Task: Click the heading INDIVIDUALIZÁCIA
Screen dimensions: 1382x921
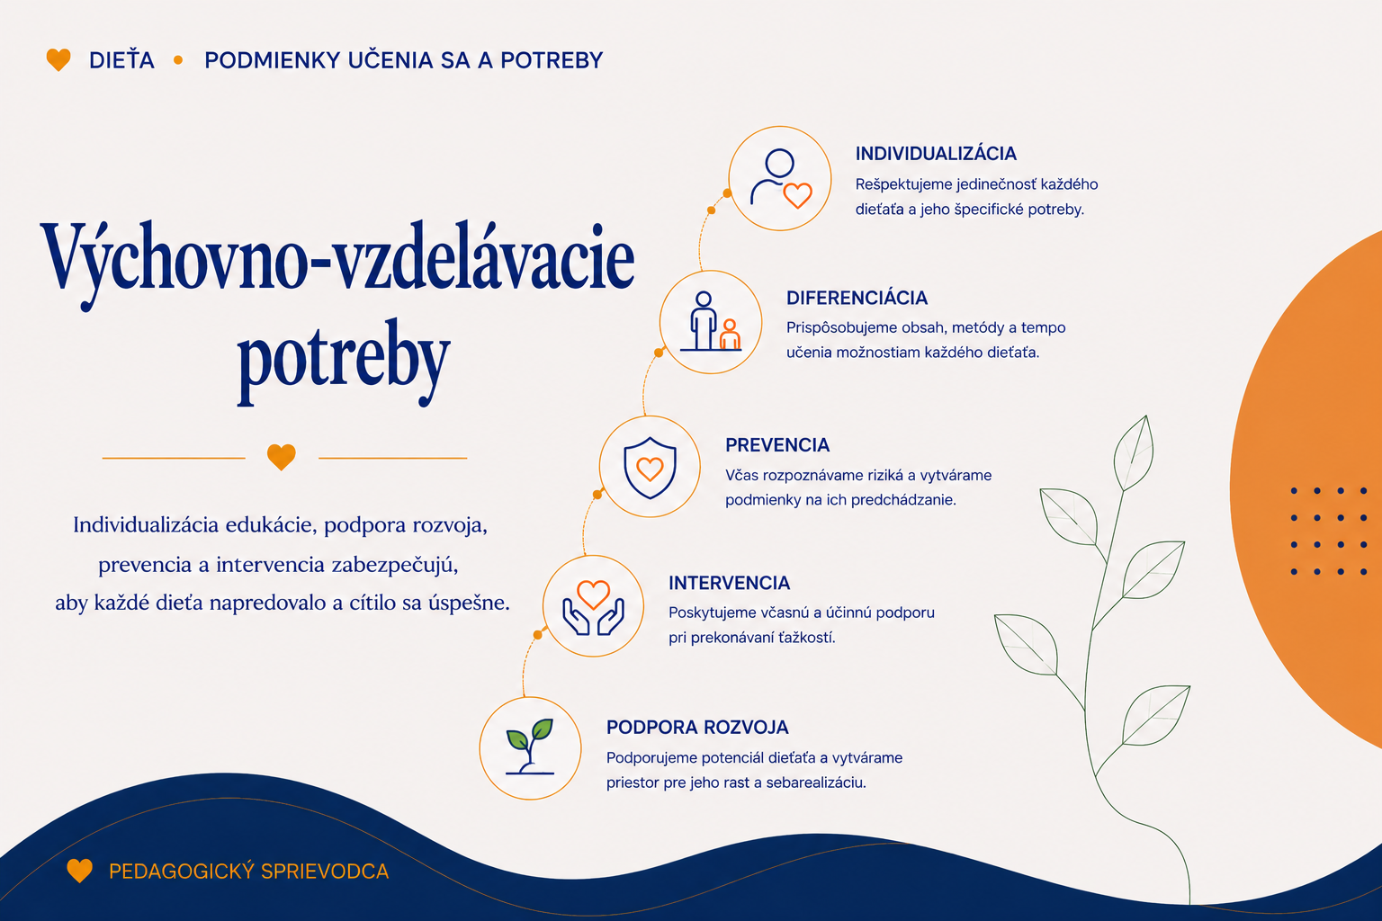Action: [x=936, y=153]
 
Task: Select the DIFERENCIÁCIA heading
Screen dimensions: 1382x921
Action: [x=857, y=298]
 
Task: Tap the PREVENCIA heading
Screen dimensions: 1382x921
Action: [x=777, y=445]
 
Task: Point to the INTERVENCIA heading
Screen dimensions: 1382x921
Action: [x=730, y=583]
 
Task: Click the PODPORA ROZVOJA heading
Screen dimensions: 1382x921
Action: [x=697, y=728]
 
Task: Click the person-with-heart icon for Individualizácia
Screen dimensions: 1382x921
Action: [x=780, y=178]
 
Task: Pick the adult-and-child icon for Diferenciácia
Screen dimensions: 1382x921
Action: [x=712, y=321]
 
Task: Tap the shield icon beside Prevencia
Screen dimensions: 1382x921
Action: [x=650, y=467]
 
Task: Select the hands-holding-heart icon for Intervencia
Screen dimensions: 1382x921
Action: [x=593, y=607]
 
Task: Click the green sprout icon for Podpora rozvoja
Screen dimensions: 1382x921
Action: [x=530, y=746]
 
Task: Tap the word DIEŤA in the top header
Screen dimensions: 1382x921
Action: [x=121, y=60]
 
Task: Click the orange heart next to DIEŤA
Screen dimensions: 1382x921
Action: [x=58, y=60]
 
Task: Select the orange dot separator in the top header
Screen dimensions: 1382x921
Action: [x=178, y=60]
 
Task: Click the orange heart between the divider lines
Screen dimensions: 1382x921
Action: [x=282, y=457]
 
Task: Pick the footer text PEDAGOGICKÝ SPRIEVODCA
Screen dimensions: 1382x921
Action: [x=248, y=871]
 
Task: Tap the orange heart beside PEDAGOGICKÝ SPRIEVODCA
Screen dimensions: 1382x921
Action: [x=79, y=871]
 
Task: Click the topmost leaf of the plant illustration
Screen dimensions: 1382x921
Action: [x=1134, y=453]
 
